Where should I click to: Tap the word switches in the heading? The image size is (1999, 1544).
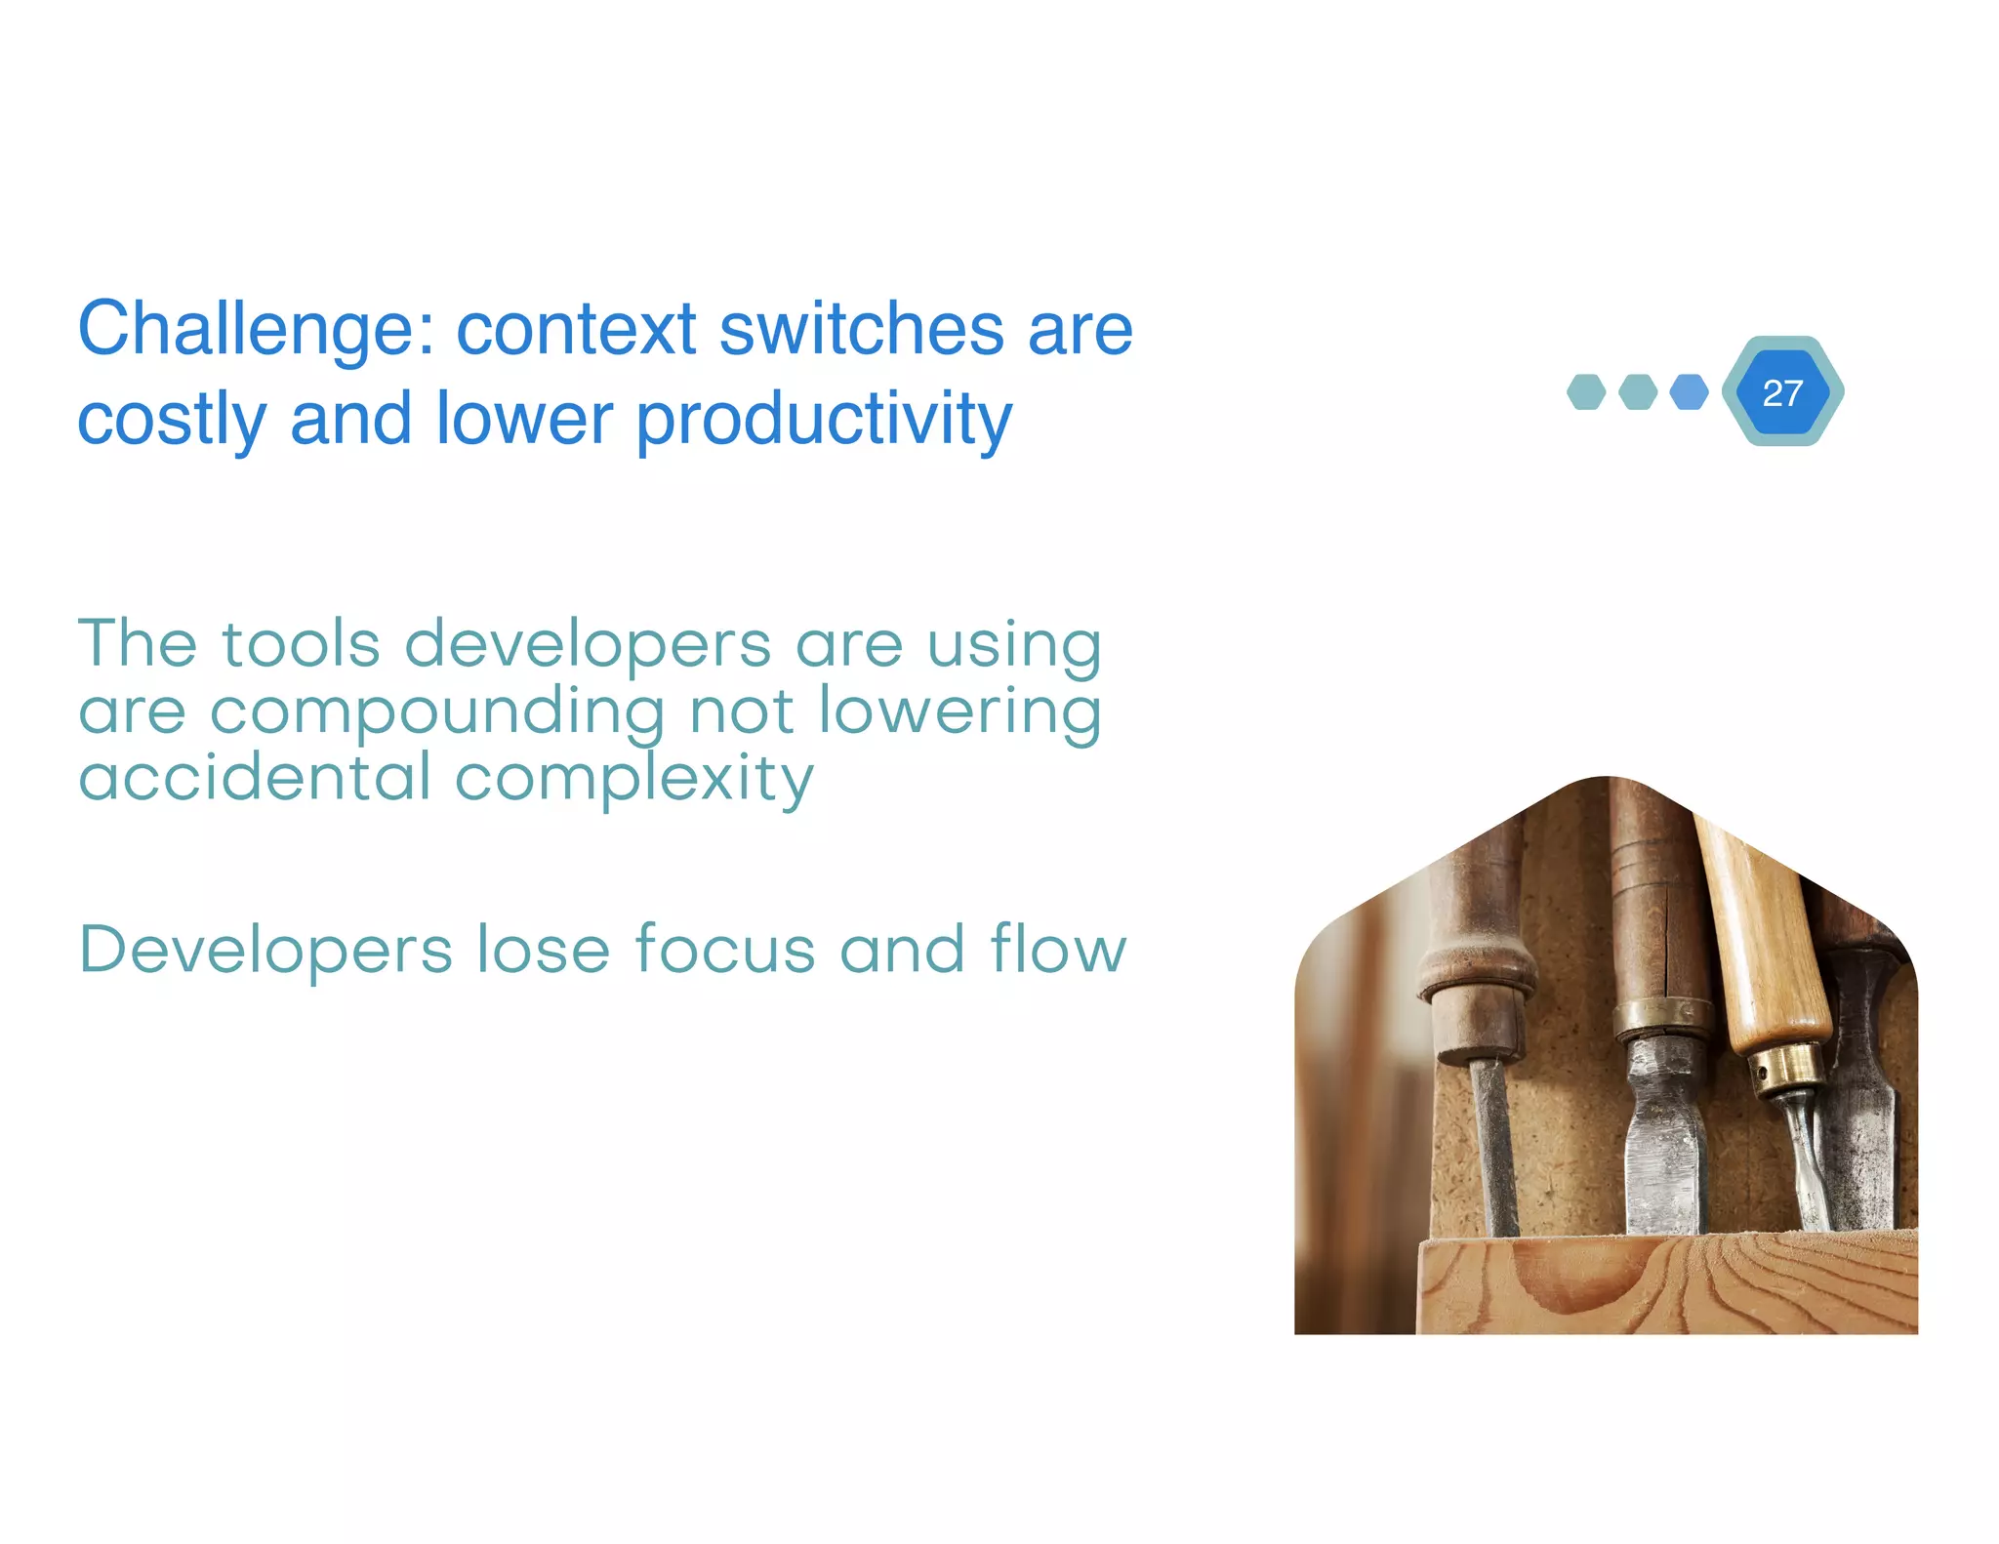[x=861, y=330]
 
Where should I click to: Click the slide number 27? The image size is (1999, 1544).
[x=1782, y=392]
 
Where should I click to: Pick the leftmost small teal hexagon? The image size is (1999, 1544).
[x=1586, y=392]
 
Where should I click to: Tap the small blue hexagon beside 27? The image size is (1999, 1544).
[x=1689, y=392]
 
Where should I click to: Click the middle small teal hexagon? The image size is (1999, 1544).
[x=1638, y=392]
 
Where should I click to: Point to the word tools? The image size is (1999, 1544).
[x=301, y=646]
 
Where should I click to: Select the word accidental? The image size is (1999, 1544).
[x=254, y=779]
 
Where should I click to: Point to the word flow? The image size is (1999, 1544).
[x=1058, y=949]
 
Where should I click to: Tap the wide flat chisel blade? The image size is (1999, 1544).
[x=1667, y=1152]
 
